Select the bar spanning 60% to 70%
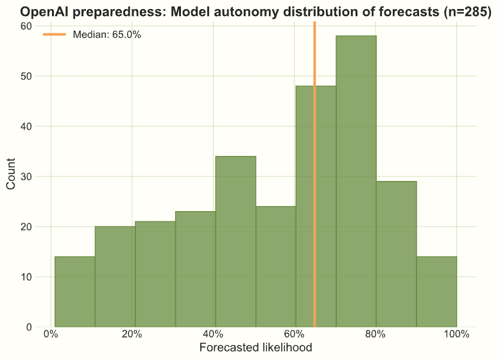305,206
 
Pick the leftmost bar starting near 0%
74,291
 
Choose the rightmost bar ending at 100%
436,291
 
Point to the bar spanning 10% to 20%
115,277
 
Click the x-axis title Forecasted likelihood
255,348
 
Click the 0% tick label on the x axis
51,334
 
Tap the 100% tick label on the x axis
456,334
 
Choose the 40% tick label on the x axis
213,334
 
